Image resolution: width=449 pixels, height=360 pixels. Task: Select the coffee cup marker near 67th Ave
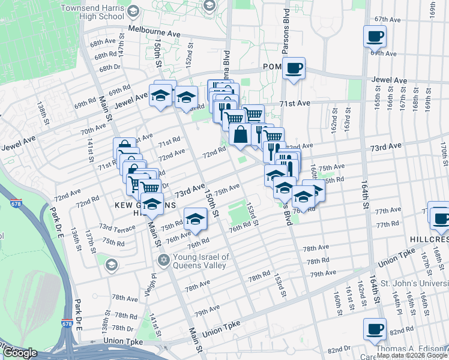[375, 37]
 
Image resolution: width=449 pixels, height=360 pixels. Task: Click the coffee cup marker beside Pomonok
[294, 68]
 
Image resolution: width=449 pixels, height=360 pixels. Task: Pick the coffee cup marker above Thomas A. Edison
[375, 329]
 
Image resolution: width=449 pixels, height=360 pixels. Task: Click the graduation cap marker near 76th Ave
[195, 219]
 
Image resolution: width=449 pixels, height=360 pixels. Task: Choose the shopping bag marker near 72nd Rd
[240, 135]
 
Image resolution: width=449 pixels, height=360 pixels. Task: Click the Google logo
[20, 353]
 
